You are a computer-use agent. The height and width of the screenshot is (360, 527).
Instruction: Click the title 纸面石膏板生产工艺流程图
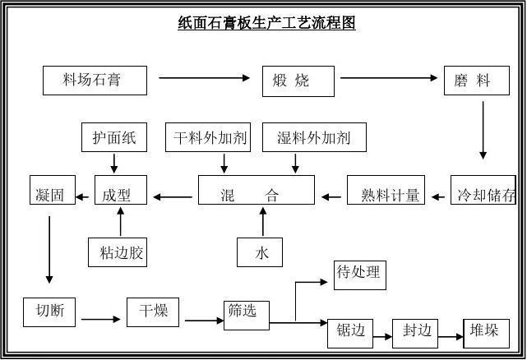coord(266,23)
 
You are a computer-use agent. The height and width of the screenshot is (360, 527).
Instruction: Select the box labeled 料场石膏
coord(95,81)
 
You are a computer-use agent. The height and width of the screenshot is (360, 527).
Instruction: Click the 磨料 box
coord(476,81)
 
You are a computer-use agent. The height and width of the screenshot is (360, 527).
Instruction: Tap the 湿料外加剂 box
coord(314,137)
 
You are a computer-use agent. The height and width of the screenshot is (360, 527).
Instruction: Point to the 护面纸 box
coord(114,137)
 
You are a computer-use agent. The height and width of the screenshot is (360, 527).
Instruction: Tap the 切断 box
coord(50,312)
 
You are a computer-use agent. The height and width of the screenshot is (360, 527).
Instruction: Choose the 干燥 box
coord(153,312)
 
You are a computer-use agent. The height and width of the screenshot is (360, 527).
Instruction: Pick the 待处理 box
coord(358,274)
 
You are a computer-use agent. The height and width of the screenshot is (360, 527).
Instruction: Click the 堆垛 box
coord(486,331)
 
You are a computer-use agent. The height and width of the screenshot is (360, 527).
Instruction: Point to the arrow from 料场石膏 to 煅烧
coord(204,78)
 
